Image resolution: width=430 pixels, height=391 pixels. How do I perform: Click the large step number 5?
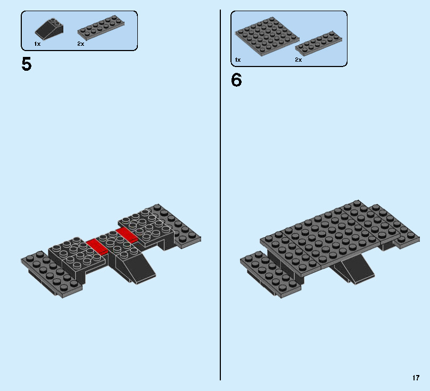[26, 64]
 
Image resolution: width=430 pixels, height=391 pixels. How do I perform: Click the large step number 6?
[236, 80]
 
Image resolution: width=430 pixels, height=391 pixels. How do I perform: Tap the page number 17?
[416, 378]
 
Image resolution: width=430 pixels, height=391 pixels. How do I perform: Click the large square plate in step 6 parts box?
[266, 37]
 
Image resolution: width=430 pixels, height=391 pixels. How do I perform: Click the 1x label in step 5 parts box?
[37, 44]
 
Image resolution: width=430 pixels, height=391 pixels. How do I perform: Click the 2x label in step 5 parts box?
[80, 44]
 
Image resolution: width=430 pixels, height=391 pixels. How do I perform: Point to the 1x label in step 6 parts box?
[237, 60]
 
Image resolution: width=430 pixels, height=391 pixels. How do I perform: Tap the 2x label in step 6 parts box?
[299, 60]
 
